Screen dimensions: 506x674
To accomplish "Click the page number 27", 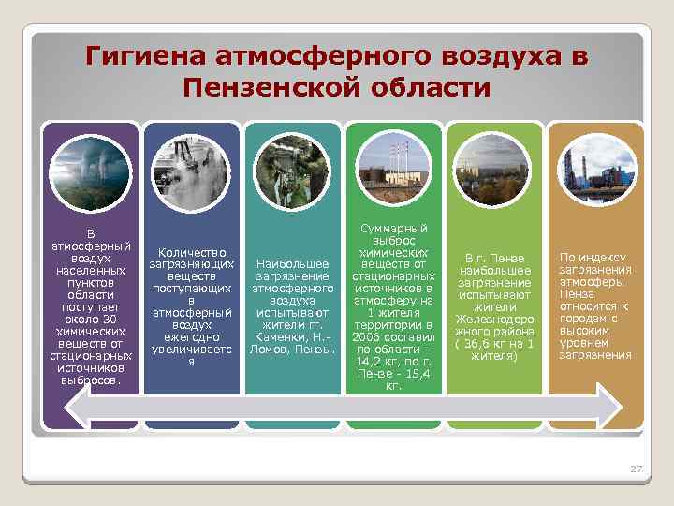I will [636, 468].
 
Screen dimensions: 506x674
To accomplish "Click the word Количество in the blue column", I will [191, 252].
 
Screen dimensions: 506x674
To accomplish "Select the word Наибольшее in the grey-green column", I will [291, 264].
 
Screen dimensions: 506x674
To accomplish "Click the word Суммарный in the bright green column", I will [393, 228].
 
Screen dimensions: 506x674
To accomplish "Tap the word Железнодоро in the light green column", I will [493, 319].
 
